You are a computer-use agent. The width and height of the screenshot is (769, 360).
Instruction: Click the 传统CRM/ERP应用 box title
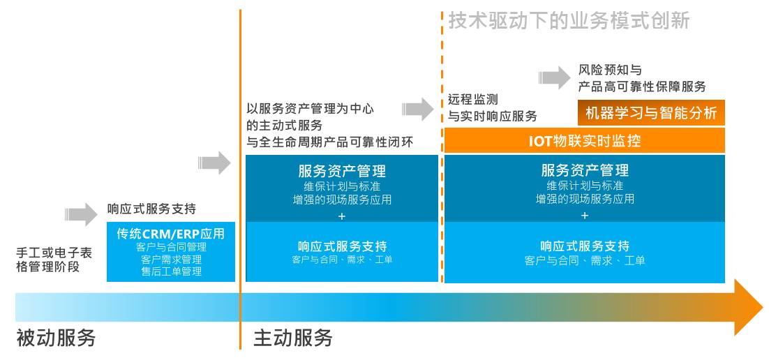171,234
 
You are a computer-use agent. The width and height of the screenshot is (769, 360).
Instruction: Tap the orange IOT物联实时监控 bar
585,141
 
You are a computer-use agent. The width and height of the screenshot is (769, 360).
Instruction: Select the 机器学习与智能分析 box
651,113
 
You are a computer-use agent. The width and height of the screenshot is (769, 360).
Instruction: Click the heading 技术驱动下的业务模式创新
569,21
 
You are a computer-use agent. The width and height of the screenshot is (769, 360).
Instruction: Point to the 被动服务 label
56,338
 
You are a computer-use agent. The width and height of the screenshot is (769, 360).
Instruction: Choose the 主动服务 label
292,338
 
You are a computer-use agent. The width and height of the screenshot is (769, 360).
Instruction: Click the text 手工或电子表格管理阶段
54,259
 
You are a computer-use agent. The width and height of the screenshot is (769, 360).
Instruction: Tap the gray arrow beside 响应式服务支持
82,214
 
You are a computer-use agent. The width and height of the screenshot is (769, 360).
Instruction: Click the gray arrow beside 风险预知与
556,77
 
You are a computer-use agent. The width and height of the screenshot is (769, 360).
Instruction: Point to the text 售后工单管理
171,271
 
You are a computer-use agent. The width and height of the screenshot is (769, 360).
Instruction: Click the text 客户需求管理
171,260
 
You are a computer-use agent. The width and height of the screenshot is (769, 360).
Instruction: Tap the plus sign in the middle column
342,216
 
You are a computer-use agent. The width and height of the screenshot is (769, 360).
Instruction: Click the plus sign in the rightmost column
585,216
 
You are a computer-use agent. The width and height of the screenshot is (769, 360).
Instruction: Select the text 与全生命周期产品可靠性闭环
330,142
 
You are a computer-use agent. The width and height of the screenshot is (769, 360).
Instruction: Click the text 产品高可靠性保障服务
642,87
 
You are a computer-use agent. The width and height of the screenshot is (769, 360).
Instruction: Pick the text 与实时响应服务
492,116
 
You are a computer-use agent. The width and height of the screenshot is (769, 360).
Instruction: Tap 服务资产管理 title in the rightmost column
585,170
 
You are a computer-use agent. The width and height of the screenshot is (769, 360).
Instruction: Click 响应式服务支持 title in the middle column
342,246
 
